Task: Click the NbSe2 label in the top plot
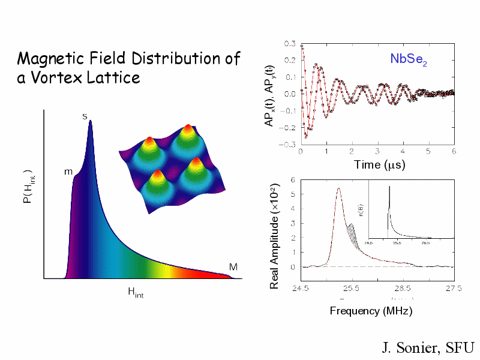(x=409, y=59)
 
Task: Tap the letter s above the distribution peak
(x=85, y=115)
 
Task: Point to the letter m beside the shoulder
(x=68, y=172)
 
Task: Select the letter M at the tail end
(x=233, y=266)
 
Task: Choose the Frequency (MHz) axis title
(x=371, y=311)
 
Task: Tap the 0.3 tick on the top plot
(x=289, y=43)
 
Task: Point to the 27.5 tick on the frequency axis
(x=454, y=289)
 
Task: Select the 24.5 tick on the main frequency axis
(x=301, y=289)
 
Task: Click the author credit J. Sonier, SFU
(x=428, y=348)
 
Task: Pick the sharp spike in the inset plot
(x=389, y=188)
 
